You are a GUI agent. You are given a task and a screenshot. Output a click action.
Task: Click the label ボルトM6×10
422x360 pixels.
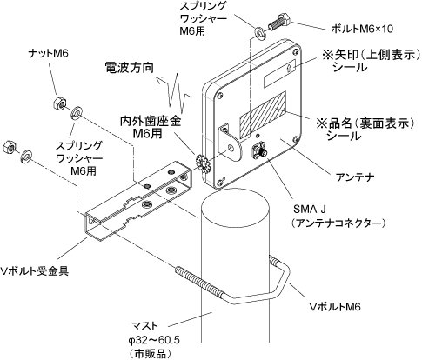(x=362, y=29)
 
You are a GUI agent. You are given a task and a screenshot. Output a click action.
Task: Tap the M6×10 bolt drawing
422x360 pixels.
(x=280, y=23)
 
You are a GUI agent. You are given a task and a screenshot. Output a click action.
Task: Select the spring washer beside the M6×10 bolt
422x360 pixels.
(x=259, y=32)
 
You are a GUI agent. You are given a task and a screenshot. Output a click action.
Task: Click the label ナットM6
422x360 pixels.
(x=49, y=53)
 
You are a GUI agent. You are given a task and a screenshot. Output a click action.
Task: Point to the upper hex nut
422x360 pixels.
(x=60, y=103)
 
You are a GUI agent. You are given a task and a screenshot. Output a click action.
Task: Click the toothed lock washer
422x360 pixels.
(x=204, y=163)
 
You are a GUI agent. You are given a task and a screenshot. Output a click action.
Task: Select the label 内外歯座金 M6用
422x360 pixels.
(x=151, y=127)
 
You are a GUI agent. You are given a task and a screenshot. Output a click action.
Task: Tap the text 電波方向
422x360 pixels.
(x=129, y=68)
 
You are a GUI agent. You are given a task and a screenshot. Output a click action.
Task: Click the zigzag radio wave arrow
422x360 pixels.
(x=174, y=92)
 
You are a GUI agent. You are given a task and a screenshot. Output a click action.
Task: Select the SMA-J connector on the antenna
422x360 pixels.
(x=259, y=150)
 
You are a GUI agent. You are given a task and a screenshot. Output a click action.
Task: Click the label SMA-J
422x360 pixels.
(x=307, y=209)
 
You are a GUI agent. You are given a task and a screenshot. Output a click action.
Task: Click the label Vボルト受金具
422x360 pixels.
(x=35, y=271)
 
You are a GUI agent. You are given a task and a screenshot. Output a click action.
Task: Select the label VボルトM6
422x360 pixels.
(x=335, y=306)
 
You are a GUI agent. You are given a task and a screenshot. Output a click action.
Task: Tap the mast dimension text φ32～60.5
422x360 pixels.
(x=154, y=340)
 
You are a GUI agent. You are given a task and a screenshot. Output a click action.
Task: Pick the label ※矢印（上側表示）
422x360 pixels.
(x=372, y=55)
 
